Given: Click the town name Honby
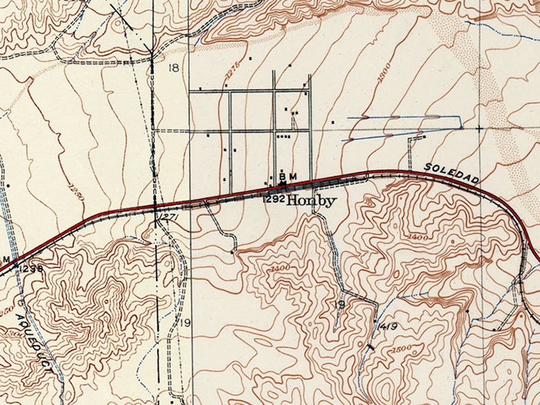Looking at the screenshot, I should point(311,200).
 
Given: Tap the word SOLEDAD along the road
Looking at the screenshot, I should point(443,173).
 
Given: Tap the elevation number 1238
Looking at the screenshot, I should point(31,268).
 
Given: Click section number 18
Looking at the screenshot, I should point(174,67).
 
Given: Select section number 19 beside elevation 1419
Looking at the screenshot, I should point(340,305).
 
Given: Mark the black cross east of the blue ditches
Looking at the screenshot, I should point(479,128).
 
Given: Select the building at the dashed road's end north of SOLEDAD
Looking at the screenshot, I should point(423,137).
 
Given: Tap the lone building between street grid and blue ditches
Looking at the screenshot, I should point(333,122).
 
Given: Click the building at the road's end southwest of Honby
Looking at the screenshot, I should point(234,252).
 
